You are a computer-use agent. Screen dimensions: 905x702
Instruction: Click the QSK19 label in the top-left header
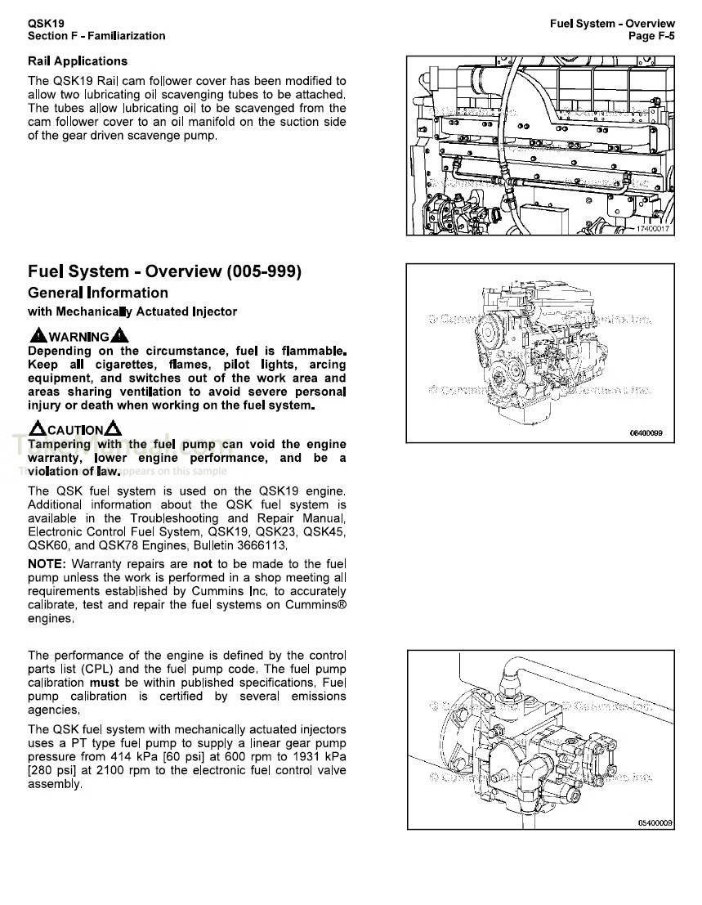[x=46, y=23]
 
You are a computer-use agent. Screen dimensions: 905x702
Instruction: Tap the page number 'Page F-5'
[x=651, y=36]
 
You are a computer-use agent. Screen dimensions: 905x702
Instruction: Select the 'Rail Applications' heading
[x=78, y=61]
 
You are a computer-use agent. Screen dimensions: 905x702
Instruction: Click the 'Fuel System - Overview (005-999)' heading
[x=164, y=271]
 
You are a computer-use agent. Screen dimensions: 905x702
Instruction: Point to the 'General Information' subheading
[x=98, y=293]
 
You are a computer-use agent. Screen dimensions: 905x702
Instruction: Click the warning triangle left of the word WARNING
[x=38, y=336]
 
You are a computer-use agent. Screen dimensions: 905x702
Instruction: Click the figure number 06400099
[x=646, y=432]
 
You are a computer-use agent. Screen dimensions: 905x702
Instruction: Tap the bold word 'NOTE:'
[x=47, y=564]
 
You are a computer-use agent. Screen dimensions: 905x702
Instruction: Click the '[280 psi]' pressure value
[x=53, y=770]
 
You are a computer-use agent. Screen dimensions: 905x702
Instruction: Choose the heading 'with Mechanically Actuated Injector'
[x=132, y=311]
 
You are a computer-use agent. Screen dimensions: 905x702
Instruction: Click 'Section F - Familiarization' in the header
[x=96, y=36]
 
